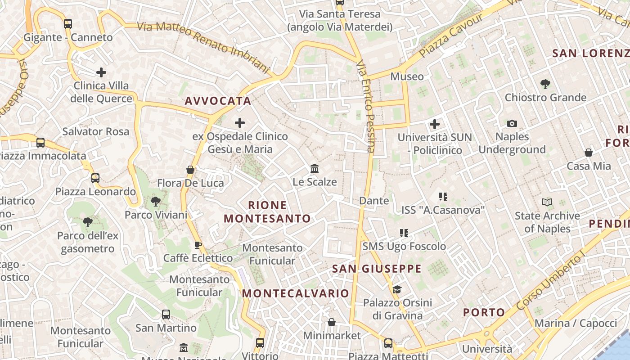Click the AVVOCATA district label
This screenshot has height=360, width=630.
click(x=218, y=101)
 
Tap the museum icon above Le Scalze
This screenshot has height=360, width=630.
click(x=315, y=169)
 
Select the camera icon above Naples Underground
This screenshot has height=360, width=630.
click(x=512, y=123)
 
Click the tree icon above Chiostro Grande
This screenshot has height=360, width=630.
click(x=545, y=84)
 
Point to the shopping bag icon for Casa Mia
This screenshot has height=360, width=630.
click(x=588, y=153)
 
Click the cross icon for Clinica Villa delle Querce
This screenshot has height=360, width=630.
click(x=101, y=72)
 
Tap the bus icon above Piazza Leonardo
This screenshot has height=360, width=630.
click(x=95, y=178)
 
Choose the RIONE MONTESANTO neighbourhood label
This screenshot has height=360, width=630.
click(x=267, y=212)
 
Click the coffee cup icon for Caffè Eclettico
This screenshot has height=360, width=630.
click(x=198, y=245)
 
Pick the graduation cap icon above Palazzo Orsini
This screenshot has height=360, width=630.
click(x=396, y=289)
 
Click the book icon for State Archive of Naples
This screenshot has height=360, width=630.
click(x=547, y=202)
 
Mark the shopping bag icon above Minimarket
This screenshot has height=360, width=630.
click(x=332, y=322)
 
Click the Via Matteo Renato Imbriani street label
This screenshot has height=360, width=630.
click(x=203, y=48)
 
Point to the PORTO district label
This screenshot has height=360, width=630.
click(x=484, y=312)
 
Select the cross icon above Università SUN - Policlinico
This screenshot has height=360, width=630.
click(x=435, y=124)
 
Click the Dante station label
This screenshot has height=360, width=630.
click(x=374, y=201)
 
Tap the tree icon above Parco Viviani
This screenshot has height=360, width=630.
click(x=156, y=201)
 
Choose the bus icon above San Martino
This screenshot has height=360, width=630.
click(x=166, y=314)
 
